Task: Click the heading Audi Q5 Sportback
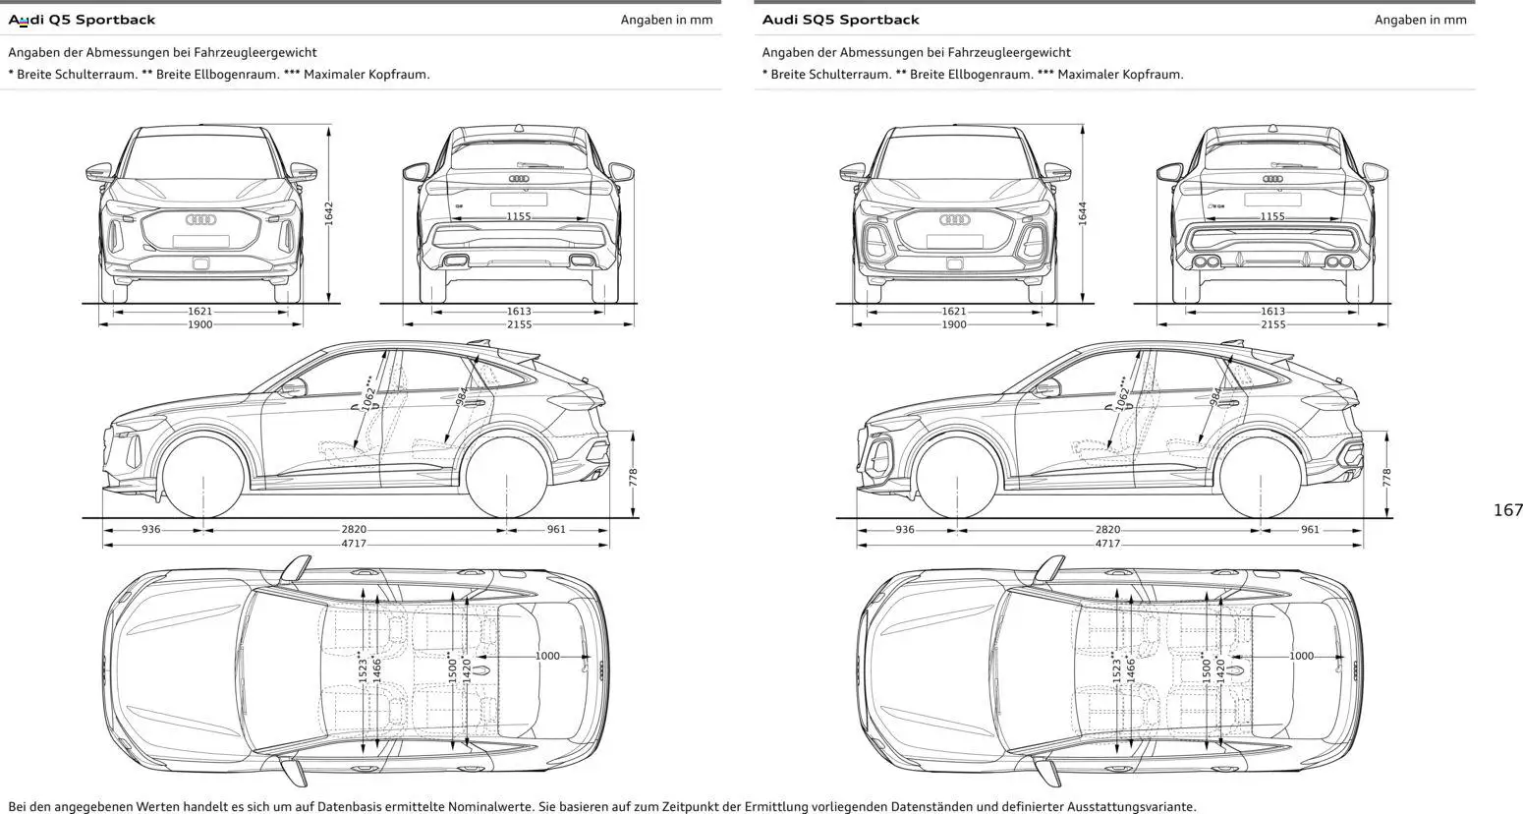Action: [82, 20]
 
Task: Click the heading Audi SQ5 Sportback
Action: [840, 20]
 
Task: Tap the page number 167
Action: [1506, 510]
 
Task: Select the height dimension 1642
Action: [329, 213]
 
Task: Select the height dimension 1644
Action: [1083, 213]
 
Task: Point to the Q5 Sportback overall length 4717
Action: [354, 544]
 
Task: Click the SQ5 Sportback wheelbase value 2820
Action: [1107, 530]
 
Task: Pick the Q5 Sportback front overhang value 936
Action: [150, 530]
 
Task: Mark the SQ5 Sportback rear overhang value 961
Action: [1310, 530]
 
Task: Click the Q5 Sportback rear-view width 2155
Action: [519, 324]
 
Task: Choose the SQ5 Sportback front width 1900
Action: [953, 324]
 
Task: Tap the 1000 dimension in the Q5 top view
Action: [547, 656]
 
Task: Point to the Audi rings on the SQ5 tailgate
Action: [1272, 179]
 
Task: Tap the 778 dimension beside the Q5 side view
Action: [634, 477]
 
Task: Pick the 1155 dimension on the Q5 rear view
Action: [519, 216]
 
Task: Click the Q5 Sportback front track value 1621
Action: [199, 312]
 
